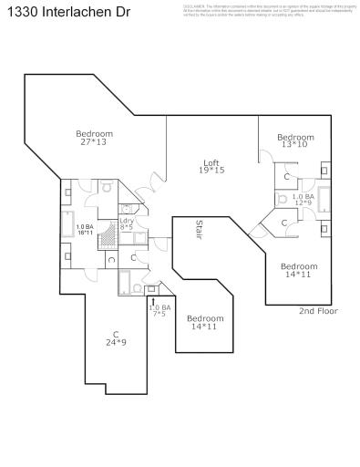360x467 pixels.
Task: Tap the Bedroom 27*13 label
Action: pos(94,138)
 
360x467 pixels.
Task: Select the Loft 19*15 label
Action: pos(212,166)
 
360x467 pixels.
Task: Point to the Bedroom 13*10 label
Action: pos(295,140)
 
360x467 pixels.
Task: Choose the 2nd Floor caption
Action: pos(318,311)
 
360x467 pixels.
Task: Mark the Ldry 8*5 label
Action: pos(127,223)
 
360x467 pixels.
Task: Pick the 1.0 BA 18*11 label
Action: pos(85,230)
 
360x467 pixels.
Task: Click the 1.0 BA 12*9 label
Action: pos(302,200)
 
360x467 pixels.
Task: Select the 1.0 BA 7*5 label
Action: pos(159,310)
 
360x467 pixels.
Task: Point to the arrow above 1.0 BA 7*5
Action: pos(153,298)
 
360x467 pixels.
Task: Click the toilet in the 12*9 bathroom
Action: pos(283,197)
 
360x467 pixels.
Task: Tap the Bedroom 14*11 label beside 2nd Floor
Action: pos(299,269)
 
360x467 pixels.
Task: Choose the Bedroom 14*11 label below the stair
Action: pos(204,322)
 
